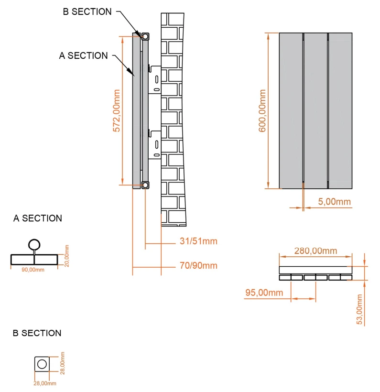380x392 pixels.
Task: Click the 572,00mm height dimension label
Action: click(116, 109)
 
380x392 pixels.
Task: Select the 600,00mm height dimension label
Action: click(262, 110)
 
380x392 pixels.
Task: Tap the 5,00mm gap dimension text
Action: click(334, 202)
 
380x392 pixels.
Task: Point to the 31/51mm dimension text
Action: click(198, 241)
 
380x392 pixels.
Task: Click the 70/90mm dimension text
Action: click(198, 266)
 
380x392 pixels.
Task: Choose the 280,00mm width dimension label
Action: click(315, 251)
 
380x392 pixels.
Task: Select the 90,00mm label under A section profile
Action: click(33, 270)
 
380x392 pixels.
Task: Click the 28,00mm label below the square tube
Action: click(44, 383)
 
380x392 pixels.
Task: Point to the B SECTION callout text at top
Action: click(87, 12)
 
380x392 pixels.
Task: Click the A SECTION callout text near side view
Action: click(83, 56)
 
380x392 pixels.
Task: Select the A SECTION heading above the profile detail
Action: click(38, 218)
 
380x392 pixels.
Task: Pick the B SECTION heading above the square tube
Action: click(37, 333)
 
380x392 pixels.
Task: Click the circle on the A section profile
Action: click(34, 245)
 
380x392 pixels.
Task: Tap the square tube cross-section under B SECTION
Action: click(42, 364)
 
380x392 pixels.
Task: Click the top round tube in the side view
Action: click(145, 35)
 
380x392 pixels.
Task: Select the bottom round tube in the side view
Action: click(145, 185)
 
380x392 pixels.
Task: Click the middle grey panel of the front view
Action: click(315, 110)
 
